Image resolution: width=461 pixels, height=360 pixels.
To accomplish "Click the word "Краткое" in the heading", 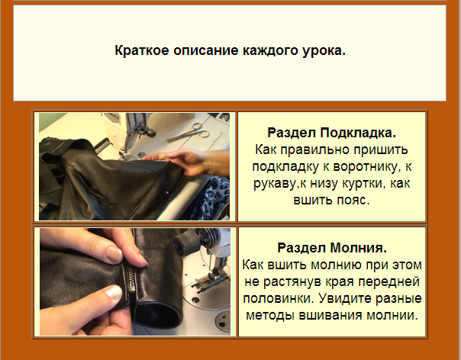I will (x=140, y=52).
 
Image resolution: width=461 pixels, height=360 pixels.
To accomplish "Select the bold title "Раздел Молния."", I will (x=332, y=249).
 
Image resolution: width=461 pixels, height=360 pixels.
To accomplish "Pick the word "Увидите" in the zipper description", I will (x=343, y=299).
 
